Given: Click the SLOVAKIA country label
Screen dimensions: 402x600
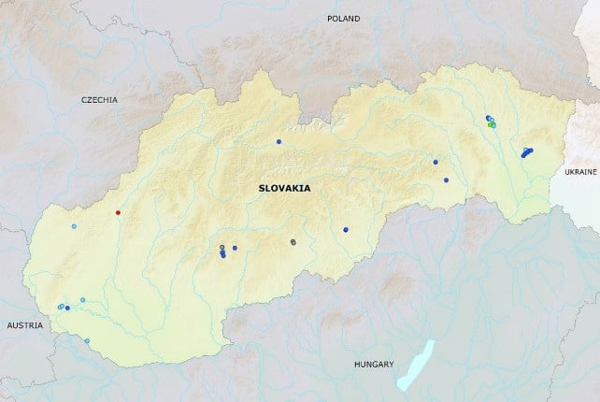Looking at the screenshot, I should tap(285, 188).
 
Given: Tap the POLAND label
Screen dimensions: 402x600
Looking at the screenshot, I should tap(343, 19).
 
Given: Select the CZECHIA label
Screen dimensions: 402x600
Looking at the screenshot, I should tap(99, 99).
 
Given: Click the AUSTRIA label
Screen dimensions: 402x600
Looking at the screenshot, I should tap(24, 325).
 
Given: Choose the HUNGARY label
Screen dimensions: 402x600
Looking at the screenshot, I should tap(374, 364).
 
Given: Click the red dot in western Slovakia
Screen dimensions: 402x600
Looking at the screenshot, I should tap(118, 213).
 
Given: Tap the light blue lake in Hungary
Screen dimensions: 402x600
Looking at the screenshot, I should tap(414, 365).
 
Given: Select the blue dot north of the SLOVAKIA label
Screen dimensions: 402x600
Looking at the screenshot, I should tap(279, 142).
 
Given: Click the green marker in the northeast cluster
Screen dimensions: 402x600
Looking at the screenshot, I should tap(492, 124).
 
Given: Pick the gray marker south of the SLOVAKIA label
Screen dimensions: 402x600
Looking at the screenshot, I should tap(293, 241).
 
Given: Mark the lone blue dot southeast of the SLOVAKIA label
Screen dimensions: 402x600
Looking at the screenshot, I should tap(345, 229).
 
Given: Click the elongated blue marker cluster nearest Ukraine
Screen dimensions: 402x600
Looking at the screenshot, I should tap(527, 151).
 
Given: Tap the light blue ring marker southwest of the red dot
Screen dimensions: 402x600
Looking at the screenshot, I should tap(74, 226).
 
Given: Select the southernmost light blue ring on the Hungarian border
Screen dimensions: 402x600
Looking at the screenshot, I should tap(87, 340).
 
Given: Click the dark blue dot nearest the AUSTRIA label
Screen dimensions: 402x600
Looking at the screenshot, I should tap(67, 308).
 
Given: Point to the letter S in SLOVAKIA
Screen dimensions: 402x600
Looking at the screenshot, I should tap(262, 188).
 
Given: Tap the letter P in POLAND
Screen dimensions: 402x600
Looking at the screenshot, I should tap(329, 19).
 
